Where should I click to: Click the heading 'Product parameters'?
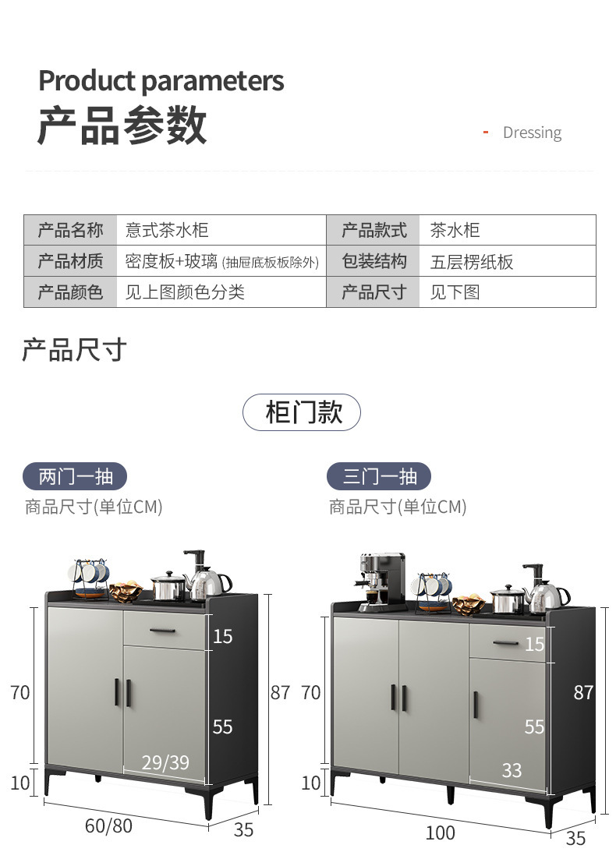click(161, 81)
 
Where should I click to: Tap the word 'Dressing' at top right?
click(532, 133)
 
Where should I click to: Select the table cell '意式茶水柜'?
click(167, 230)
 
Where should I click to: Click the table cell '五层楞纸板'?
click(472, 261)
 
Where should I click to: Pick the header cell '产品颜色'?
click(70, 292)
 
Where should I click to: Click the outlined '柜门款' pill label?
click(302, 412)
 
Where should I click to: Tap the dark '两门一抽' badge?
click(75, 476)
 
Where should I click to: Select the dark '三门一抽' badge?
click(380, 476)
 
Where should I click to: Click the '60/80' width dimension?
click(108, 825)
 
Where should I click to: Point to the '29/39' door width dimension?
click(165, 762)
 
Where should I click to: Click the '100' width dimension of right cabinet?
click(440, 832)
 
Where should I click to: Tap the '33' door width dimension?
click(512, 771)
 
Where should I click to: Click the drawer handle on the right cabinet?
click(505, 643)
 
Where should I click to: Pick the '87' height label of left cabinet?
click(280, 692)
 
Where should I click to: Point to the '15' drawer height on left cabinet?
click(222, 637)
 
